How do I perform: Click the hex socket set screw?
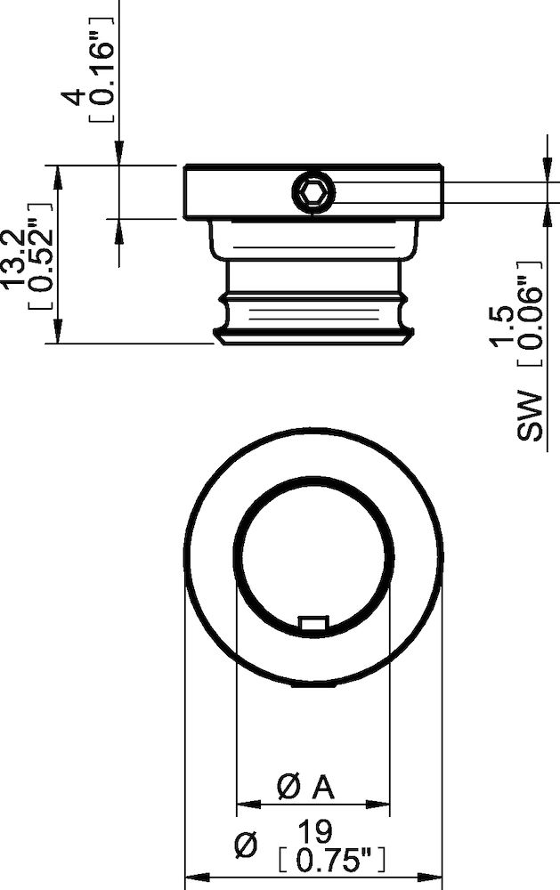pyautogui.click(x=313, y=193)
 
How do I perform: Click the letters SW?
pyautogui.click(x=530, y=416)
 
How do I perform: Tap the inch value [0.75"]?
pyautogui.click(x=331, y=861)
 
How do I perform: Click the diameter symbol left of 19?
pyautogui.click(x=244, y=845)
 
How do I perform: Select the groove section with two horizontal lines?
pyautogui.click(x=313, y=311)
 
